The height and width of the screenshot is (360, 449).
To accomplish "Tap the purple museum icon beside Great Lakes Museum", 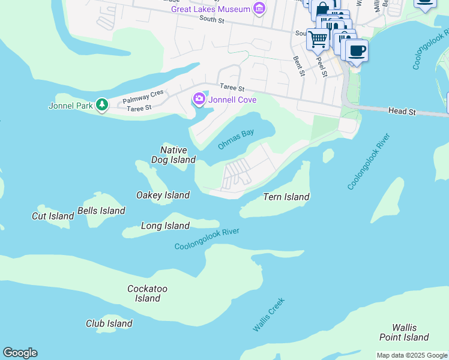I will tap(259, 9).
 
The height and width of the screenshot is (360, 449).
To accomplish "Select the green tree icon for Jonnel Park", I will tap(103, 106).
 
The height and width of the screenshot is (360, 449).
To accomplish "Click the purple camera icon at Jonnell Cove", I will tap(199, 99).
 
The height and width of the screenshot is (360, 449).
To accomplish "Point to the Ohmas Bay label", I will tap(236, 139).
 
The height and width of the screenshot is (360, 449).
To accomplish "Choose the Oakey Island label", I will tap(163, 195).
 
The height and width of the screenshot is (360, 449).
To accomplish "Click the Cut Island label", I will tap(53, 216).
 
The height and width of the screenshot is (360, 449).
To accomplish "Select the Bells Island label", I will tap(101, 211).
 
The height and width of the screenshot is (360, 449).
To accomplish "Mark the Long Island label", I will tap(165, 226).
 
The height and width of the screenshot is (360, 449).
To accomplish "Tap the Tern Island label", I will tap(286, 197).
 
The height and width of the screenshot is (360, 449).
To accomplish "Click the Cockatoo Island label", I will tap(147, 293).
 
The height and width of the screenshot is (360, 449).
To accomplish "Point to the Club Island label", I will tap(109, 323).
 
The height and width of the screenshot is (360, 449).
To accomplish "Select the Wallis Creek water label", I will tap(268, 315).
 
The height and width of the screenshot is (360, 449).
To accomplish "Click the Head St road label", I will tap(402, 111).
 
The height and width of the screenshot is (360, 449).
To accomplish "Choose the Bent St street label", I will tap(298, 67).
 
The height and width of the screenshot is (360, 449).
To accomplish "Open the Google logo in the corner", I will tap(20, 353).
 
